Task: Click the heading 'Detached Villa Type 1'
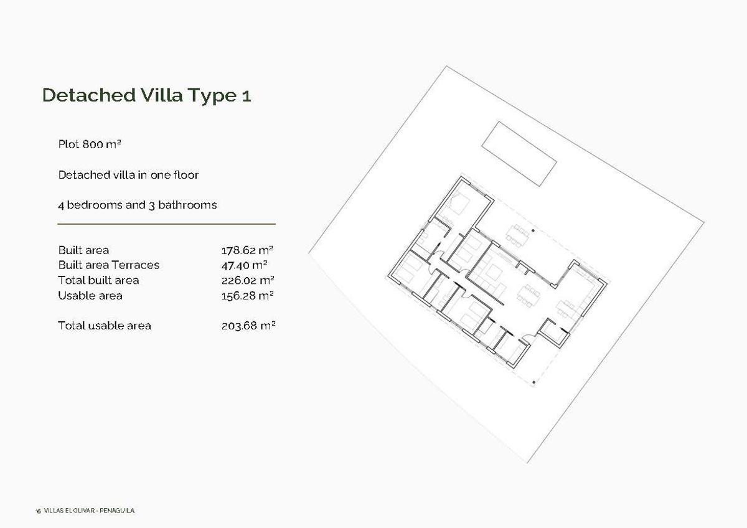(x=146, y=95)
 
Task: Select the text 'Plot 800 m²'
(x=89, y=144)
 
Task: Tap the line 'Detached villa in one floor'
(x=128, y=175)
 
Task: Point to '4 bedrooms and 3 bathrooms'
(x=137, y=205)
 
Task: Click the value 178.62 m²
(x=248, y=250)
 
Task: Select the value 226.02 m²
(x=248, y=280)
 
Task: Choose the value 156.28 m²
(x=248, y=296)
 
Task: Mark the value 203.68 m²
(x=248, y=326)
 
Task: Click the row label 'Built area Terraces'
(x=108, y=265)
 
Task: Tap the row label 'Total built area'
(x=98, y=280)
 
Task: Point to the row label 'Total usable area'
(x=104, y=326)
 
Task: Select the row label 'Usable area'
(x=90, y=296)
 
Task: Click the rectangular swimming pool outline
(x=519, y=154)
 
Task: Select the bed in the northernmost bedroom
(x=460, y=202)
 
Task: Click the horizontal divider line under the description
(x=166, y=224)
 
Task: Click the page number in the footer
(x=38, y=511)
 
